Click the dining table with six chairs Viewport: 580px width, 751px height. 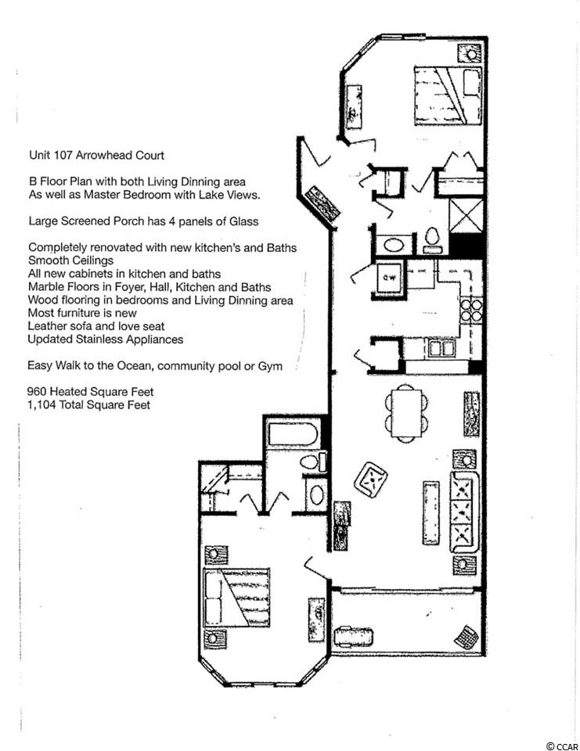tap(406, 413)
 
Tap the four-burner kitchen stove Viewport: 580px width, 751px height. tap(470, 311)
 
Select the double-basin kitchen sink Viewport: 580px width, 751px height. tap(442, 348)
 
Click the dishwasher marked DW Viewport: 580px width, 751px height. tap(389, 277)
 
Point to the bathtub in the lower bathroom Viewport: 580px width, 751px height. tap(293, 435)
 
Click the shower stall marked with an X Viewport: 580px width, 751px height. tap(466, 216)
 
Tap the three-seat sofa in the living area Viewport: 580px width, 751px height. tap(464, 512)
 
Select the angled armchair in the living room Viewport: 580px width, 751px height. tap(370, 480)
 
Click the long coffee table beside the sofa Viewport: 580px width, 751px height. tap(431, 512)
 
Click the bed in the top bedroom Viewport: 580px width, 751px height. tap(448, 95)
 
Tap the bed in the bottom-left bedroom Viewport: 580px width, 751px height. tap(237, 597)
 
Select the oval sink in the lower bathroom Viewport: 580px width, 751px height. tap(316, 495)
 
